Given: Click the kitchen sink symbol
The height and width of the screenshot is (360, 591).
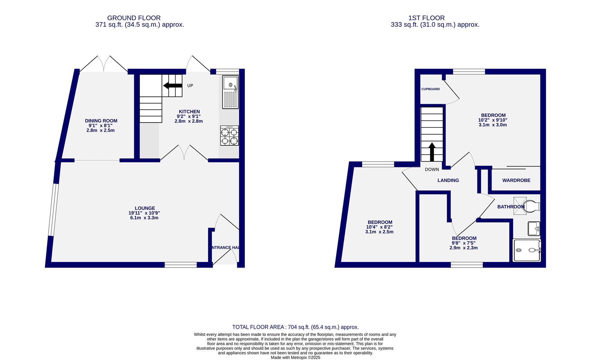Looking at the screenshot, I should (x=230, y=92).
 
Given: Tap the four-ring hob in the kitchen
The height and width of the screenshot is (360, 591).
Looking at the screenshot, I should (x=230, y=136).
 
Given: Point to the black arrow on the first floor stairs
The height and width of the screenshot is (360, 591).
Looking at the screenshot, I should (x=432, y=152).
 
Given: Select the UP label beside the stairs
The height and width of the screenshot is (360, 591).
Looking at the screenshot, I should (x=190, y=86).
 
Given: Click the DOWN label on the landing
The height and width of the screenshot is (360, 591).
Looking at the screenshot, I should (x=432, y=169).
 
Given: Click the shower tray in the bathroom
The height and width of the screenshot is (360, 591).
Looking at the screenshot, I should (x=526, y=250).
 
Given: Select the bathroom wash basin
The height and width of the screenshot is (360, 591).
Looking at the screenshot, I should (x=534, y=229).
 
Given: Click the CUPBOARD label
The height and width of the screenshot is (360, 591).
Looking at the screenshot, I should (x=430, y=89).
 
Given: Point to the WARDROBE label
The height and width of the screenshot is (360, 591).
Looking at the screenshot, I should (x=516, y=180).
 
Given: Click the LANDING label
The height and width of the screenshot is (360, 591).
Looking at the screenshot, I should (x=448, y=180).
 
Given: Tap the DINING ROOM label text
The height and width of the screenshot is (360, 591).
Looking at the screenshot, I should (x=101, y=121).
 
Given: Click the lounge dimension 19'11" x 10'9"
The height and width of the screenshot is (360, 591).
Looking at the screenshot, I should (x=145, y=213).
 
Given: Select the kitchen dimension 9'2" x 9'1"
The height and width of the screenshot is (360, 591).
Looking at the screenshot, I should (x=189, y=116).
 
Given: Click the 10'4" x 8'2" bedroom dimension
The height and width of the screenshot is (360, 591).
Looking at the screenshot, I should (x=379, y=227).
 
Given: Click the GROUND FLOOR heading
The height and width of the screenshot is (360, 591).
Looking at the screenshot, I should (x=134, y=18).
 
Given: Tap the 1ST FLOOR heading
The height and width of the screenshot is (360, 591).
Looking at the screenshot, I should (x=426, y=18).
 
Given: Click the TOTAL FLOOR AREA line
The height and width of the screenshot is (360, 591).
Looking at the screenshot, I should (x=295, y=327).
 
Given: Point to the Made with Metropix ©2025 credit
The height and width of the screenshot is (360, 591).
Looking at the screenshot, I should (x=295, y=357).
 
